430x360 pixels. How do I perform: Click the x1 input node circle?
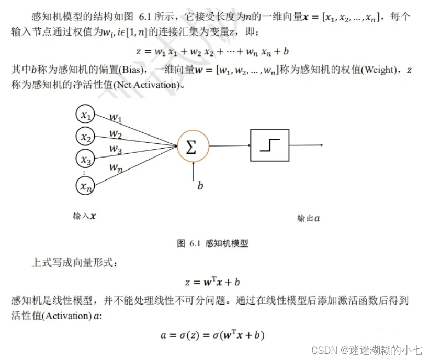85,114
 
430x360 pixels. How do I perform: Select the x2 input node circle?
85,137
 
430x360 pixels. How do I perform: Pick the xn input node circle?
85,185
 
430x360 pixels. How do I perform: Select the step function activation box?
269,145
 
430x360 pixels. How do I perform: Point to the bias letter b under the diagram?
200,185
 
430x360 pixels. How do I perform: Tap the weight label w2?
116,135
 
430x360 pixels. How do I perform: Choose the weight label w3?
116,149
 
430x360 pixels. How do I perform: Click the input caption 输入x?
84,216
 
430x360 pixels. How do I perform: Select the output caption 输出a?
308,218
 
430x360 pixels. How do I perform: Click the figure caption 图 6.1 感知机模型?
212,243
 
